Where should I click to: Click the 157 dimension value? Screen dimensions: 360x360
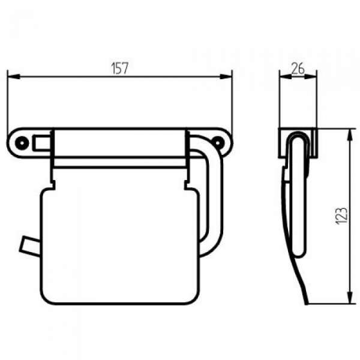point(119,68)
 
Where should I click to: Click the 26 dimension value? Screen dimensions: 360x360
point(298,68)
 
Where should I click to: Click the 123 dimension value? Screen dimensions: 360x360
point(341,216)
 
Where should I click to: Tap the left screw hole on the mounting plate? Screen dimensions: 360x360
point(22,143)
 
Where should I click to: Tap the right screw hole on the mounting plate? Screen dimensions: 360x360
point(217,143)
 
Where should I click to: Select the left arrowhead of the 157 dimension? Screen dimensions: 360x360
point(14,76)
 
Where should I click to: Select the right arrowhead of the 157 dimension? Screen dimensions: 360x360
point(226,76)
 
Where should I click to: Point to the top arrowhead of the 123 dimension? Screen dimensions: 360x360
point(350,135)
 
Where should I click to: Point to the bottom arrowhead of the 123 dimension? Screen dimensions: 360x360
point(350,298)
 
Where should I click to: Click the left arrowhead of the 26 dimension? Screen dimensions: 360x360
point(286,77)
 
